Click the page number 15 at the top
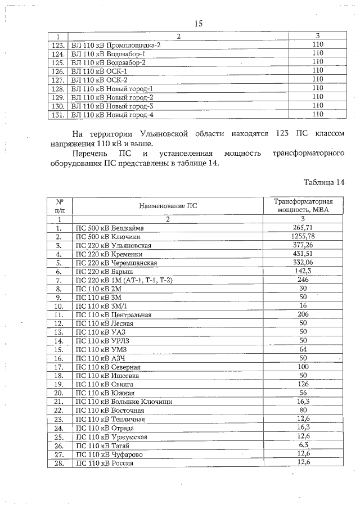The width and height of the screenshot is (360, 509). (198, 23)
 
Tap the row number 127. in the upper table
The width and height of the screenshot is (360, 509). (58, 80)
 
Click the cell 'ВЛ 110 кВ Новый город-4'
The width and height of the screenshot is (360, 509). (112, 115)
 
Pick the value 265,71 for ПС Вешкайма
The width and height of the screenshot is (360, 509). (303, 228)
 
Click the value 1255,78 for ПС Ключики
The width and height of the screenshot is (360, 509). (303, 236)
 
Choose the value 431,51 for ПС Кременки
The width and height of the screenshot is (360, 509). (303, 254)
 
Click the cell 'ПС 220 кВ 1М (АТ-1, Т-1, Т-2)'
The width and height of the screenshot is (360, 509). (124, 280)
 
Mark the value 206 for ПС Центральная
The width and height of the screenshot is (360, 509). (303, 314)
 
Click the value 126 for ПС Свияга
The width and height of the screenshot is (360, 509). (303, 384)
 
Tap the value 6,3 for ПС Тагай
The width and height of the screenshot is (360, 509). (303, 445)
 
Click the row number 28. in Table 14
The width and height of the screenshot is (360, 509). (58, 462)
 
